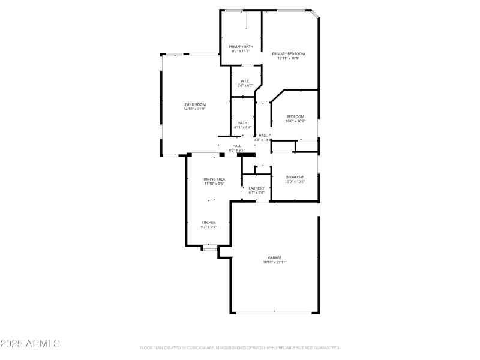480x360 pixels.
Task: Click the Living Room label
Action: point(194,104)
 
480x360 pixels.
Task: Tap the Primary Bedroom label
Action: point(289,54)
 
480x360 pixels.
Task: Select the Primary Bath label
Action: point(241,47)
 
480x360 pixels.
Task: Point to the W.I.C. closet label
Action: point(245,81)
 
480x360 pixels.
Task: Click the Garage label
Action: point(275,257)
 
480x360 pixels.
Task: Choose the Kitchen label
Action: point(208,222)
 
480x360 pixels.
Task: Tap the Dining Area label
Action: point(214,179)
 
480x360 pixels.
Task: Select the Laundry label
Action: point(256,188)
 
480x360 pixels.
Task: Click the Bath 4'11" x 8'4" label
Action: point(242,123)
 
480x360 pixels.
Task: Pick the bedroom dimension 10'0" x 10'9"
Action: point(295,121)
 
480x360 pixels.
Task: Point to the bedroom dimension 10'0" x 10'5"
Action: point(295,181)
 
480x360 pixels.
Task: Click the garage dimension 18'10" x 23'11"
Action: point(275,262)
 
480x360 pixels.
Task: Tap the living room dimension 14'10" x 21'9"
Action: point(194,109)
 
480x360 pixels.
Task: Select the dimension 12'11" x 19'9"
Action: point(289,59)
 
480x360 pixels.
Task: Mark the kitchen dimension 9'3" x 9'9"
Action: point(208,227)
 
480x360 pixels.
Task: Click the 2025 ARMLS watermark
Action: point(30,344)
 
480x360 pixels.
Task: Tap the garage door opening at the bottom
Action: point(275,312)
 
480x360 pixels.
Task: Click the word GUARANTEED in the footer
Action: point(326,347)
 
